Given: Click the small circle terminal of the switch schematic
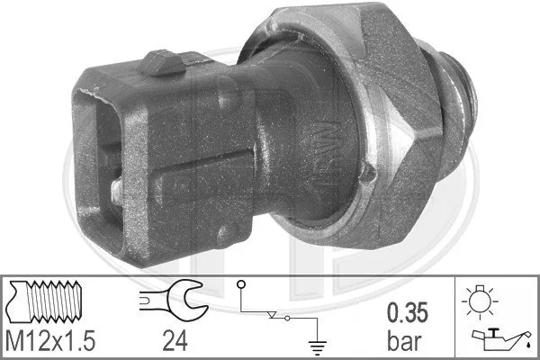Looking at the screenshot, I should [240, 286].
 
